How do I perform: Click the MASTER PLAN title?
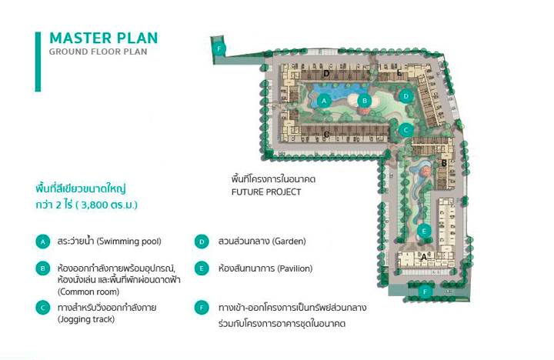[104, 38]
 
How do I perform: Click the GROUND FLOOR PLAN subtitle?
[98, 52]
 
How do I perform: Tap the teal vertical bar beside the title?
[38, 62]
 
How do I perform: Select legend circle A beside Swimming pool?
[43, 242]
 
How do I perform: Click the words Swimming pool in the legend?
[129, 242]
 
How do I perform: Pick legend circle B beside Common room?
[43, 268]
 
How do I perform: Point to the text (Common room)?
[88, 292]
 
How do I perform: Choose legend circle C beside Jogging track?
[43, 308]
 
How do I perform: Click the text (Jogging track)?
[86, 319]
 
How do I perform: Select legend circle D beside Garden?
[202, 242]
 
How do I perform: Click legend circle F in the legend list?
[202, 308]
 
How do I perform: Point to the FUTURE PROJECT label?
[266, 192]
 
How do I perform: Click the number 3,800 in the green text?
[94, 205]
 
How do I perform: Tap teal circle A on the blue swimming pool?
[324, 102]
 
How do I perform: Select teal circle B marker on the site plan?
[365, 101]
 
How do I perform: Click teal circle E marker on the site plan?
[424, 232]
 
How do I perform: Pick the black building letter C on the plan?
[326, 135]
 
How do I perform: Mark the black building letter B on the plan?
[444, 164]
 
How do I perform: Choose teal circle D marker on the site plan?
[406, 96]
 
